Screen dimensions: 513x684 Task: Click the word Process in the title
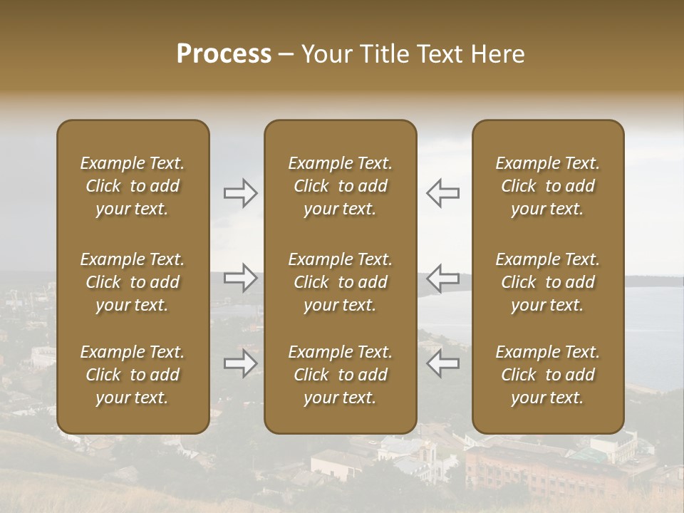click(x=224, y=53)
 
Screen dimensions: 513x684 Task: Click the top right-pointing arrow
click(x=240, y=192)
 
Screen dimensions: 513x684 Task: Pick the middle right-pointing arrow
click(x=240, y=278)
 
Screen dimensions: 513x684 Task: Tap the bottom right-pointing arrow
click(x=240, y=363)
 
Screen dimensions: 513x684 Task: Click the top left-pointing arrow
click(x=443, y=192)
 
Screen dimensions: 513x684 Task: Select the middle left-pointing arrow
click(x=443, y=278)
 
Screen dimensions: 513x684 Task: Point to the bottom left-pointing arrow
click(x=443, y=363)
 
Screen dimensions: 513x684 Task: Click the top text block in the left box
click(x=133, y=186)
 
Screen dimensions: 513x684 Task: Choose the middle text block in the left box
click(x=133, y=282)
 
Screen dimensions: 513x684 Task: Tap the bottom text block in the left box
click(x=133, y=375)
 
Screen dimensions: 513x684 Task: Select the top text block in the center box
click(x=340, y=186)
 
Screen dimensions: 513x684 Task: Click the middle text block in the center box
click(x=340, y=282)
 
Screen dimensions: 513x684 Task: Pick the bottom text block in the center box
click(x=340, y=375)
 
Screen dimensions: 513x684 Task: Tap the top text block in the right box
click(x=547, y=186)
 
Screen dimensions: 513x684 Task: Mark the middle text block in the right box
click(x=547, y=282)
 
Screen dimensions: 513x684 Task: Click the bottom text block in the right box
click(x=547, y=375)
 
